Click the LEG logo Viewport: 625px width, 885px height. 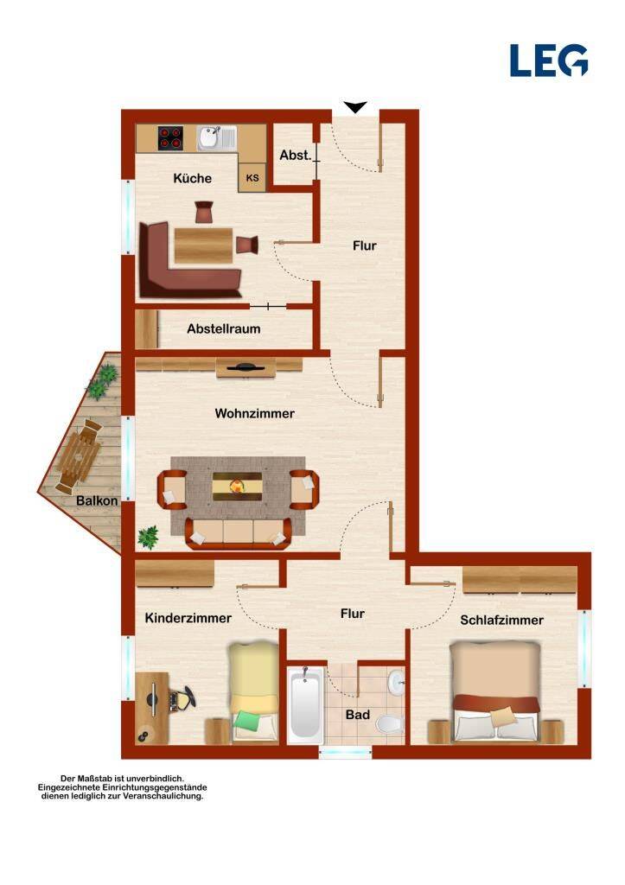pyautogui.click(x=549, y=60)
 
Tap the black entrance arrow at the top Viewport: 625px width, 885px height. pyautogui.click(x=355, y=107)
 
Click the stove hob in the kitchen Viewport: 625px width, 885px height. pyautogui.click(x=170, y=137)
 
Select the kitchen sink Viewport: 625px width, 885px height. pyautogui.click(x=216, y=138)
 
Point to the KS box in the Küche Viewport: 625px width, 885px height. pyautogui.click(x=252, y=178)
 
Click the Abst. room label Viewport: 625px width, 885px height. pyautogui.click(x=296, y=155)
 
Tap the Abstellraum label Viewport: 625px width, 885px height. pyautogui.click(x=224, y=328)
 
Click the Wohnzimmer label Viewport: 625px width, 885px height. pyautogui.click(x=255, y=413)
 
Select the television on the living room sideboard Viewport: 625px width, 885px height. pyautogui.click(x=246, y=367)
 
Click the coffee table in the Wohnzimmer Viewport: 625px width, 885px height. pyautogui.click(x=237, y=487)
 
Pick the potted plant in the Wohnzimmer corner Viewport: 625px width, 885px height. pyautogui.click(x=149, y=537)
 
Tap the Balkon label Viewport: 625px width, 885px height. pyautogui.click(x=97, y=500)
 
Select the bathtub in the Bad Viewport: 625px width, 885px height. pyautogui.click(x=305, y=705)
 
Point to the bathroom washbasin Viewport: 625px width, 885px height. pyautogui.click(x=397, y=683)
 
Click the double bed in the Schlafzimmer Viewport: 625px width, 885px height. pyautogui.click(x=495, y=692)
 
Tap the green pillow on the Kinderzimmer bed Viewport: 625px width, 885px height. pyautogui.click(x=249, y=721)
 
